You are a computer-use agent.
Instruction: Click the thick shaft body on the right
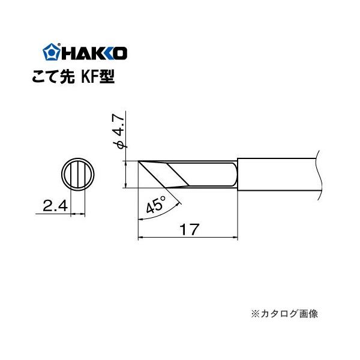(x=276, y=174)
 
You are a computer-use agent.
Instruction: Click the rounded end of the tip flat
(x=234, y=174)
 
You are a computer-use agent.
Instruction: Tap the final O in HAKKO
(x=119, y=53)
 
